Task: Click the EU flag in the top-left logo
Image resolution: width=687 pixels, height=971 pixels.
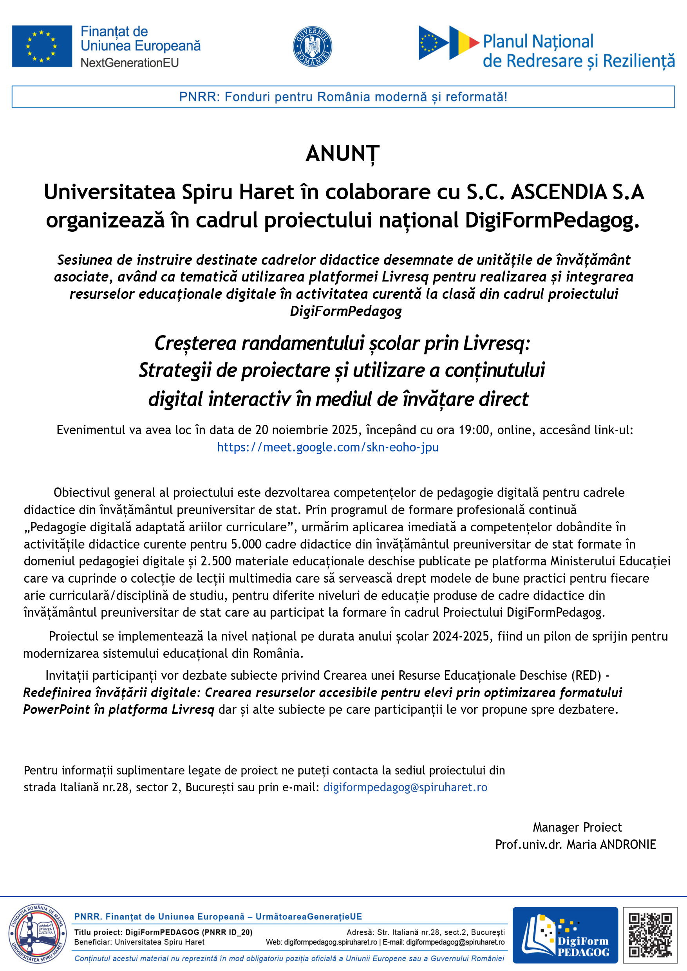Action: click(x=42, y=46)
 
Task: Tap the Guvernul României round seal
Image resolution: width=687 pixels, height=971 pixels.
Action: click(x=312, y=46)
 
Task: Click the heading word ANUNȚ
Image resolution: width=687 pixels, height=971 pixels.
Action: click(x=343, y=154)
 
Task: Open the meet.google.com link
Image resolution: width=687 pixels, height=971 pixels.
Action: click(x=328, y=447)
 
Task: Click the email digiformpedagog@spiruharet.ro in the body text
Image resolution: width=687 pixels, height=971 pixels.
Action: click(x=405, y=787)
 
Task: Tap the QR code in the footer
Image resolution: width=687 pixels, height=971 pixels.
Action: click(x=650, y=935)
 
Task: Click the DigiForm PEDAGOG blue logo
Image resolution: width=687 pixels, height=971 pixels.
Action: click(x=565, y=935)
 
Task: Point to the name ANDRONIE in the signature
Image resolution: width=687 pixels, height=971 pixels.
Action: click(x=628, y=844)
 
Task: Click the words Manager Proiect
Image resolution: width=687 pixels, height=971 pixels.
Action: click(x=577, y=827)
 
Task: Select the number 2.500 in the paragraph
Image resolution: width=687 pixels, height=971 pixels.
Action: click(x=216, y=561)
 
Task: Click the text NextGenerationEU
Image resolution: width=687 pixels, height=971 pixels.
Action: click(x=129, y=63)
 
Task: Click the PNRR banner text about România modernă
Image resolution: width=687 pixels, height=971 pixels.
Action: click(x=343, y=97)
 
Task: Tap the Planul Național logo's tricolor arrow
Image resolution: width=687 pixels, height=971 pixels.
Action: click(x=464, y=42)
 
